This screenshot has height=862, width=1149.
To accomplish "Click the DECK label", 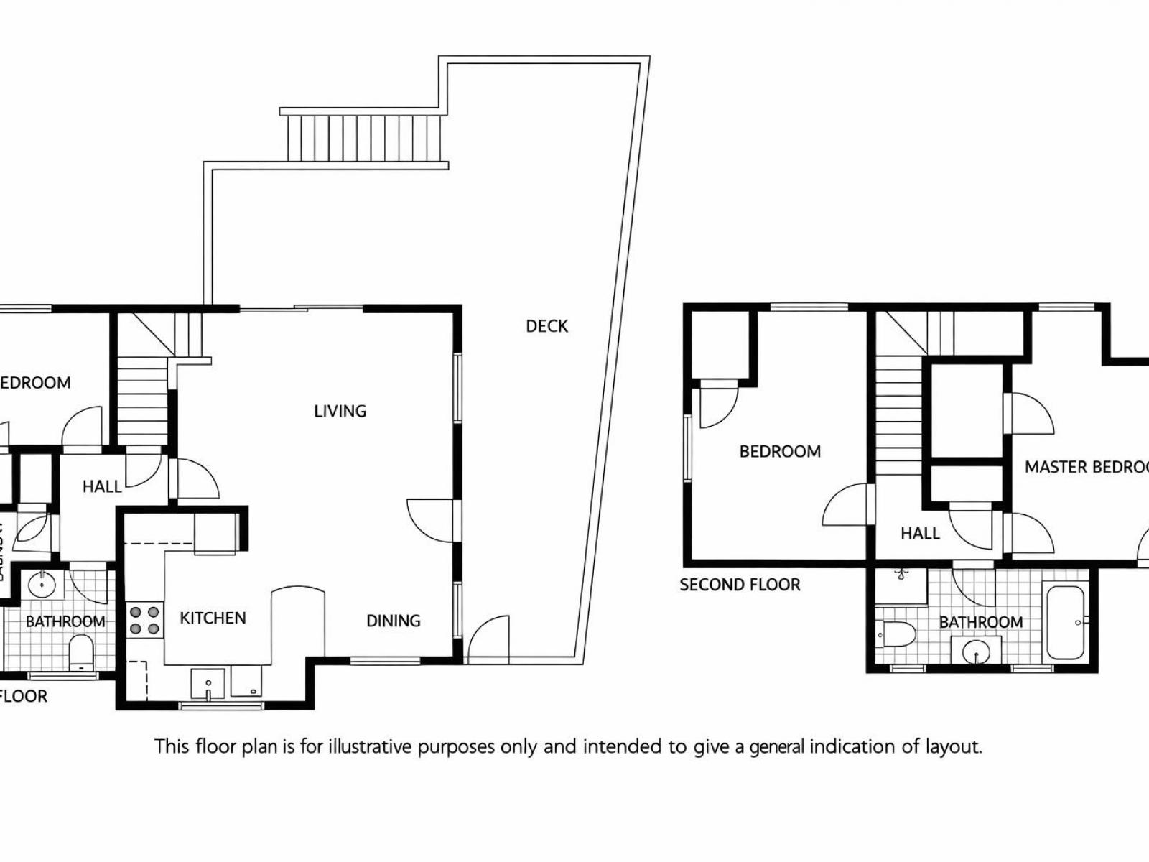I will tap(546, 326).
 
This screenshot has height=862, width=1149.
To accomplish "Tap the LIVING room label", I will tap(340, 411).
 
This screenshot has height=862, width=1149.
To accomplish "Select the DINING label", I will tap(393, 621).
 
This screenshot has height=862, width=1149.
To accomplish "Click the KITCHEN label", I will tap(213, 618).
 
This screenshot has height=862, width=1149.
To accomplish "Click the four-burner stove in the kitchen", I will tap(144, 621).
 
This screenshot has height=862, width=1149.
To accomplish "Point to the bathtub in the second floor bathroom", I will tap(1065, 622).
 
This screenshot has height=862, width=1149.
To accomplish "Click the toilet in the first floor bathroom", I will tap(83, 654).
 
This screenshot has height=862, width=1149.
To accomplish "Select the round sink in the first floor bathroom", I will tap(42, 584).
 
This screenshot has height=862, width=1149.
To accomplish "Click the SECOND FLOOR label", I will tap(740, 585).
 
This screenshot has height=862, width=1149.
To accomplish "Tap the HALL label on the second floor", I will tap(920, 533).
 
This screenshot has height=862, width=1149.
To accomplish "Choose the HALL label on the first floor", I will tap(101, 486).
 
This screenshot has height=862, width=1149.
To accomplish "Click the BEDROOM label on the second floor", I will tap(780, 452).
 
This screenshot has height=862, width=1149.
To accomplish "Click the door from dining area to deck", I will tap(489, 639).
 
